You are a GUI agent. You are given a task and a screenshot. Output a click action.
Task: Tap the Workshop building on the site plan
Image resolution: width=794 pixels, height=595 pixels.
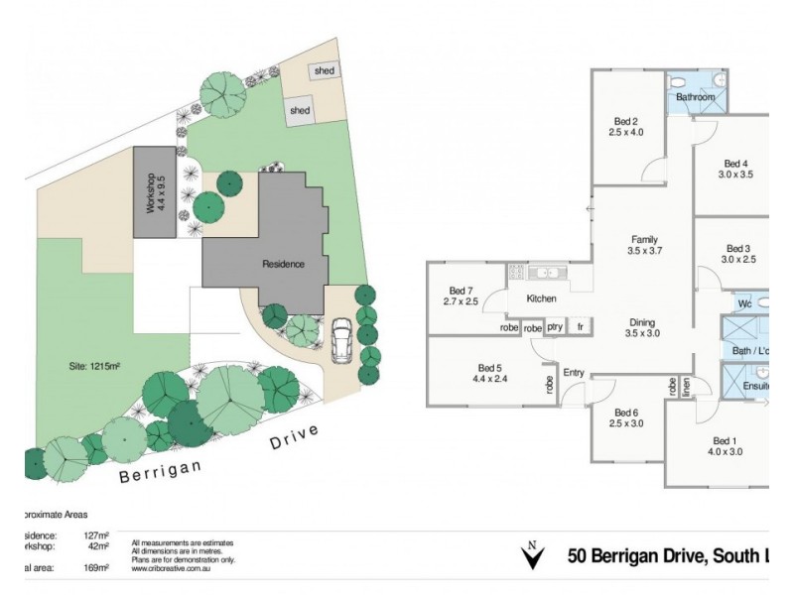tap(156, 193)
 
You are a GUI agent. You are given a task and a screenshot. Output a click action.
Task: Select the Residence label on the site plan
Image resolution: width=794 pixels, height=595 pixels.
tap(283, 264)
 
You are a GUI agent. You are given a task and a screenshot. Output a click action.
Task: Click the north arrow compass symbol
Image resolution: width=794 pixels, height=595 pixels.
tap(533, 556)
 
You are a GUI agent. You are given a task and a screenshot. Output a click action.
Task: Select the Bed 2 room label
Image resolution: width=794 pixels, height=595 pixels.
tap(626, 124)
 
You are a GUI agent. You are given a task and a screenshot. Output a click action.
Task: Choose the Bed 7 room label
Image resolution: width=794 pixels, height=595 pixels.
tap(462, 295)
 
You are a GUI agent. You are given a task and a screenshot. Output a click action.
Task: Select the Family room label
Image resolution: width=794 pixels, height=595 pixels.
tap(644, 245)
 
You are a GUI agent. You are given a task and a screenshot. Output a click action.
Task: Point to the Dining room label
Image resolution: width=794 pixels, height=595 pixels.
tap(644, 328)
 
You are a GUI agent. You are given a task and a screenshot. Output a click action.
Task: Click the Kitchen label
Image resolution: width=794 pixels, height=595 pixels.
tap(541, 298)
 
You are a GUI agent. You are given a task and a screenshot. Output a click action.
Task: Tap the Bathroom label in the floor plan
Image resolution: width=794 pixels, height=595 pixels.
tap(695, 98)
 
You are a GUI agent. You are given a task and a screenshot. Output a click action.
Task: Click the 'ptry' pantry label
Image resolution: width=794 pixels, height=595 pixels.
tap(556, 327)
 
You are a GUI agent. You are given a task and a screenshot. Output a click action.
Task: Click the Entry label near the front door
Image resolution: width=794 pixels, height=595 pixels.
tap(575, 373)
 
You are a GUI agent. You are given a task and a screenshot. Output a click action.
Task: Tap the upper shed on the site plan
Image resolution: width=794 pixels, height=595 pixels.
tap(324, 71)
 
